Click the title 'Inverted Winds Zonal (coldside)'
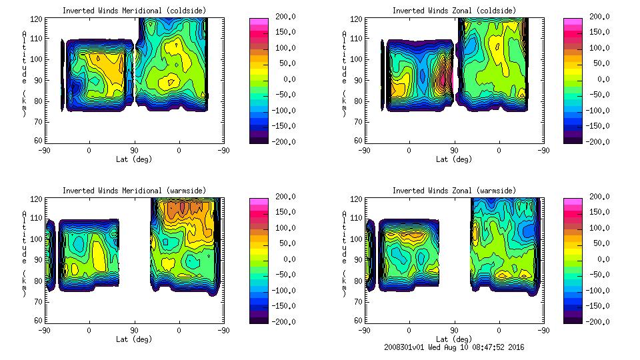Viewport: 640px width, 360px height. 454,11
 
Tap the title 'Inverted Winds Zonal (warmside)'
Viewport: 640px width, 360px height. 454,191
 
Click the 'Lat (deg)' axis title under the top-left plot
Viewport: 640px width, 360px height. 133,159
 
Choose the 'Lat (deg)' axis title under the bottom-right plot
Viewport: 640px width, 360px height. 454,339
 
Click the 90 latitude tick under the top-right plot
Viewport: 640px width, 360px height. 454,151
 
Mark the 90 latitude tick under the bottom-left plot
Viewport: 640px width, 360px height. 133,331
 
